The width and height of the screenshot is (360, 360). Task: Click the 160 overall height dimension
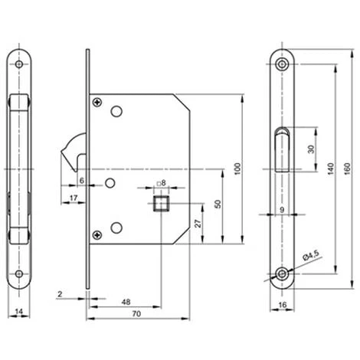tap(348, 169)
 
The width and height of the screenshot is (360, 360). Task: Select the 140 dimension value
tap(331, 169)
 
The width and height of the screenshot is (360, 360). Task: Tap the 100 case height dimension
tap(237, 169)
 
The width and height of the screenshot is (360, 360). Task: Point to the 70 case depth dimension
tap(136, 313)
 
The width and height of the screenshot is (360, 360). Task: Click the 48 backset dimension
tap(126, 302)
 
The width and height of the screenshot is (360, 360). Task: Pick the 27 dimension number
tap(198, 224)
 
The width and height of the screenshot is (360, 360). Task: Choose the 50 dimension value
tap(218, 204)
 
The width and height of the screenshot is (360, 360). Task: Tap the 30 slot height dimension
tap(311, 149)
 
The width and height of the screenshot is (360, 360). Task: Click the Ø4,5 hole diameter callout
tap(311, 256)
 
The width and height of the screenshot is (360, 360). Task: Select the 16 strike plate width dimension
tap(283, 305)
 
